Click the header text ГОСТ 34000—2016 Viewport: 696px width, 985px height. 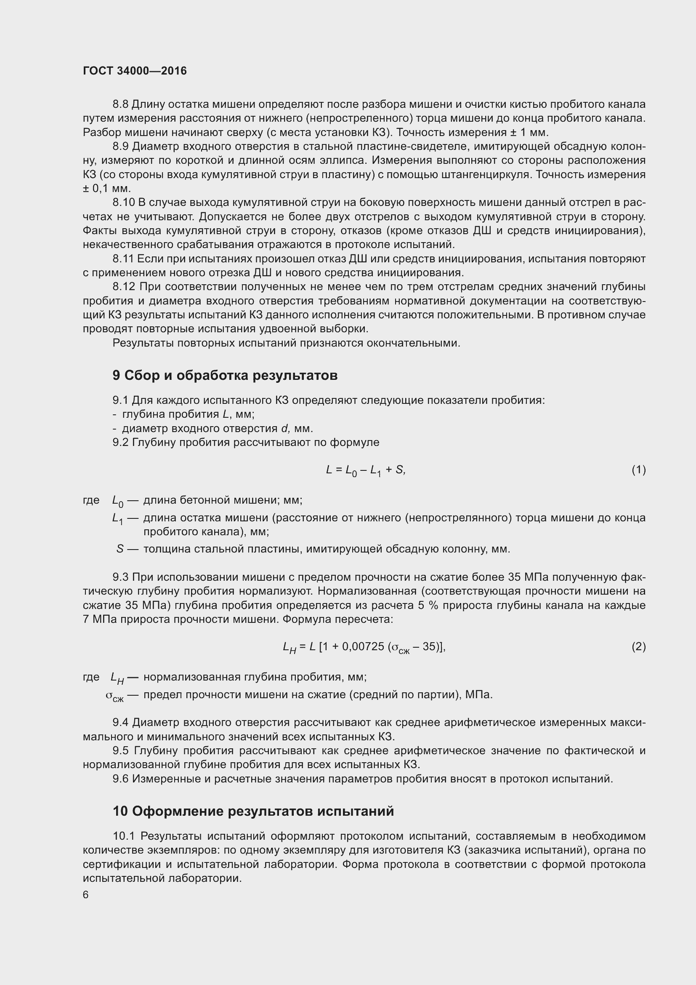coord(135,71)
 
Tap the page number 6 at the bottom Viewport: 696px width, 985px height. coord(86,895)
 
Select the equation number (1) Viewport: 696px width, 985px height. coord(639,470)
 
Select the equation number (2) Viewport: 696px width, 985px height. coord(639,646)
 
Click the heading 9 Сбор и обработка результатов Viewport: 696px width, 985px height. coord(225,375)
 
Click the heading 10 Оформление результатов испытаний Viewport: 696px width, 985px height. coord(253,811)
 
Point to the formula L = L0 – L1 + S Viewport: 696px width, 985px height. coord(365,470)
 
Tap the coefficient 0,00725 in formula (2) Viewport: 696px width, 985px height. coord(363,646)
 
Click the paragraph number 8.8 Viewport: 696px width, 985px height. coord(120,104)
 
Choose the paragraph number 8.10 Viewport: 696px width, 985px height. coord(123,203)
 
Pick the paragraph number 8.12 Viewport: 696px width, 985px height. coord(123,287)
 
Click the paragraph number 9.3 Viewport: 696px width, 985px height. coord(120,577)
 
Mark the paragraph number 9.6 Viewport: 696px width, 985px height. coord(120,779)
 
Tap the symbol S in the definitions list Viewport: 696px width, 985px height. coord(120,549)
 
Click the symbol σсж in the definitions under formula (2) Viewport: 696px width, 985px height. coord(114,695)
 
